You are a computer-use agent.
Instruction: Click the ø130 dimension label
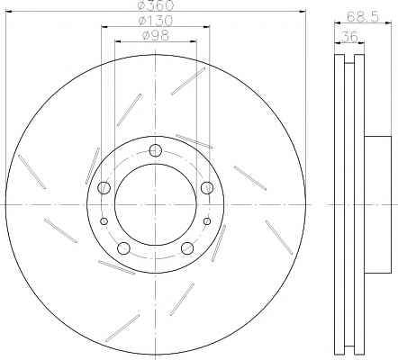click(155, 21)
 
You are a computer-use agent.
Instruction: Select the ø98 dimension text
click(155, 36)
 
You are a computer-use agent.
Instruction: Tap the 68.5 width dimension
click(363, 17)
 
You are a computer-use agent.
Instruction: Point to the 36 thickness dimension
click(349, 37)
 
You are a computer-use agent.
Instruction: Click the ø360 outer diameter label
click(156, 5)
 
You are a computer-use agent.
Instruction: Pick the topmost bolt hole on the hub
click(156, 150)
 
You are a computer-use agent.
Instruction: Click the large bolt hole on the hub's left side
click(104, 187)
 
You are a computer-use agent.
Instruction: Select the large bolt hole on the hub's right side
click(207, 187)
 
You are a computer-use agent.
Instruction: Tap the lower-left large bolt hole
click(123, 248)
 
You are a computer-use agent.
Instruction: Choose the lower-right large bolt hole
click(187, 248)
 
